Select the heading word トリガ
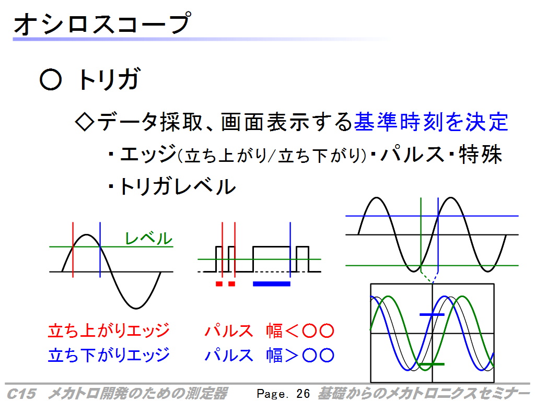[x=109, y=79]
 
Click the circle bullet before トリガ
[x=51, y=80]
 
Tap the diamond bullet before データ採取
[x=84, y=122]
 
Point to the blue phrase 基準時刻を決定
[x=431, y=122]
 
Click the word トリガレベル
[x=177, y=186]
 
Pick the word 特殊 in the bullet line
[x=481, y=155]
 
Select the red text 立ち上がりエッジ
[x=109, y=331]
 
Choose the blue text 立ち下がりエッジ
[x=109, y=355]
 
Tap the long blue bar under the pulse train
[x=272, y=284]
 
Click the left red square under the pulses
[x=219, y=284]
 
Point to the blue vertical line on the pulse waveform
[x=290, y=250]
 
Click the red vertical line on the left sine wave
[x=73, y=250]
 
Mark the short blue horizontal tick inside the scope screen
[x=432, y=314]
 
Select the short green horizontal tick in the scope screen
[x=432, y=364]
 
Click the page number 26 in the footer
[x=303, y=394]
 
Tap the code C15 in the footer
[x=21, y=394]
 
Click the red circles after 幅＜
[x=318, y=331]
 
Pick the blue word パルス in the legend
[x=229, y=355]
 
